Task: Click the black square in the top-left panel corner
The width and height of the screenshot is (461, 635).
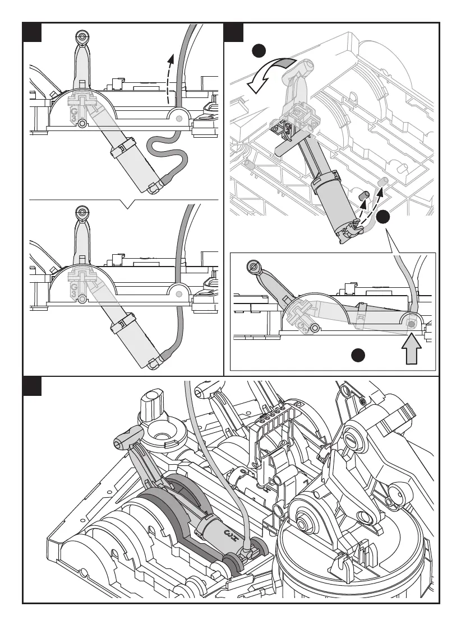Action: click(x=33, y=32)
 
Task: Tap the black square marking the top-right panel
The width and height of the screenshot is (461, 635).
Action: click(x=233, y=32)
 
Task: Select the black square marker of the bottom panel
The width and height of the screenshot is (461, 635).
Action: click(x=33, y=386)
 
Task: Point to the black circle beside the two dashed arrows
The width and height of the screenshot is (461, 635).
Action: click(x=383, y=218)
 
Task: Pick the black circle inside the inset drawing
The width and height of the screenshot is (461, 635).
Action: click(x=358, y=354)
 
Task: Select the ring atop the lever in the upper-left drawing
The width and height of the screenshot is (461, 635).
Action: click(x=82, y=37)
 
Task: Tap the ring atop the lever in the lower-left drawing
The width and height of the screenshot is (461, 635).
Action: click(x=82, y=213)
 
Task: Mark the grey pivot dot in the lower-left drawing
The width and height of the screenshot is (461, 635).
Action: click(x=179, y=293)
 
